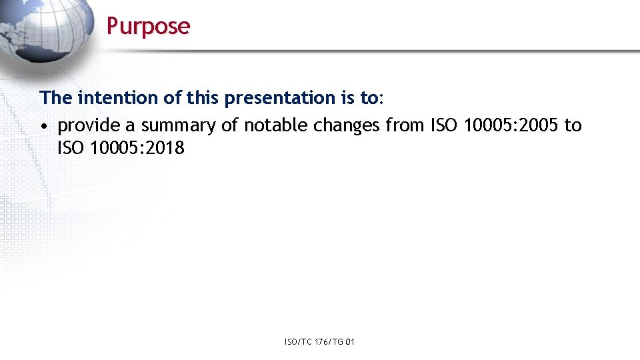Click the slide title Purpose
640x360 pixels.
[148, 26]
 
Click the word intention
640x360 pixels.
[118, 98]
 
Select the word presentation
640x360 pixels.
[281, 98]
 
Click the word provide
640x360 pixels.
[89, 125]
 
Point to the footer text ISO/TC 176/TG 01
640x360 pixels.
[319, 342]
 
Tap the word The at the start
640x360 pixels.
[56, 98]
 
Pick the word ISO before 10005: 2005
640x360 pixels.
[443, 125]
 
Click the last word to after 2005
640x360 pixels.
[573, 125]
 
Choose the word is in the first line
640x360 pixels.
[349, 98]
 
